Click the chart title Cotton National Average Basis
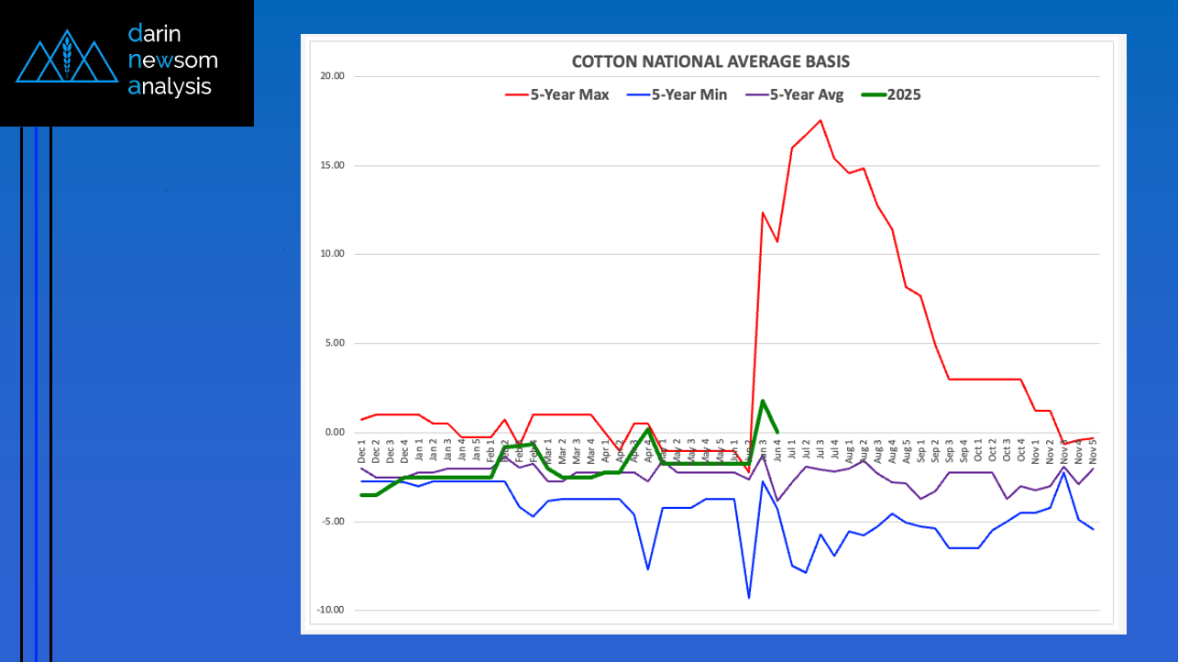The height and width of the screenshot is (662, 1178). [710, 62]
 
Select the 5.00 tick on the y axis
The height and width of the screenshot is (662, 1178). [331, 344]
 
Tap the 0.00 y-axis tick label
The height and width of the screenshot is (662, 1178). [331, 433]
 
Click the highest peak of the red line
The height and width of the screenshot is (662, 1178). [820, 120]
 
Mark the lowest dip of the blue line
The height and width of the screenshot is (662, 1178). [748, 598]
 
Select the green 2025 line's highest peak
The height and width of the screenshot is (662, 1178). [763, 401]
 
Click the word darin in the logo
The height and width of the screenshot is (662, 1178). [155, 35]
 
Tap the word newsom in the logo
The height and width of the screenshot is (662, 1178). [173, 61]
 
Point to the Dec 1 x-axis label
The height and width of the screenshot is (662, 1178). [363, 451]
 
